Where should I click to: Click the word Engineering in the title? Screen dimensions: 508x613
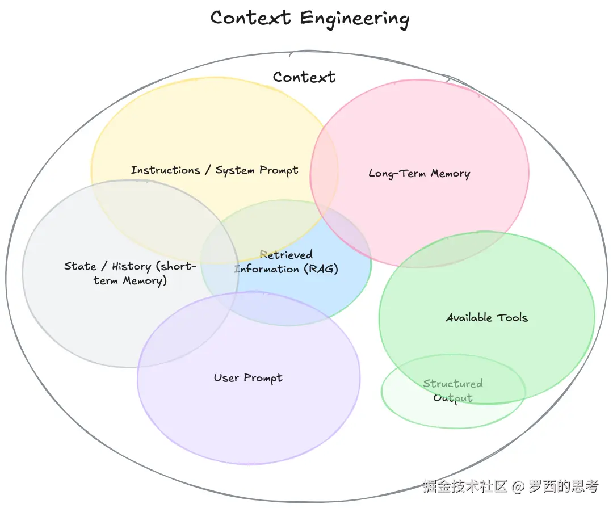click(x=355, y=18)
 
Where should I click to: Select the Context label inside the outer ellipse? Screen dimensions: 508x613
click(x=304, y=77)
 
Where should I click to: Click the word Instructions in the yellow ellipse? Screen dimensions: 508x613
click(x=165, y=170)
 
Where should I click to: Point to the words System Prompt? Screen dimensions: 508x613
click(x=257, y=170)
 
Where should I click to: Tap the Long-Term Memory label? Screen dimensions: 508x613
click(x=419, y=174)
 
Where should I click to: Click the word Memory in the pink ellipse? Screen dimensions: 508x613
click(x=450, y=174)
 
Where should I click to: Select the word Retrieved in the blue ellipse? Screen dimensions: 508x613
click(x=286, y=255)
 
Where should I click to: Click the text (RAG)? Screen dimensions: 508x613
click(x=321, y=269)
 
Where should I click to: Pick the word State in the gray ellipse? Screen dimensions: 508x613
click(x=80, y=266)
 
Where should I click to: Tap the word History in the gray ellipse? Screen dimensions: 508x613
click(x=131, y=266)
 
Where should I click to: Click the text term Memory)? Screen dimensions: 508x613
click(x=131, y=280)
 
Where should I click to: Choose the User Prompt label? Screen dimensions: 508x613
click(x=248, y=378)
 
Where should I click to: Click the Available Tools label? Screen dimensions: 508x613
click(x=486, y=318)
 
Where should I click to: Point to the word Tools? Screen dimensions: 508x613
click(x=513, y=318)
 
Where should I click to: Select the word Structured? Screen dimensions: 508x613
click(x=453, y=384)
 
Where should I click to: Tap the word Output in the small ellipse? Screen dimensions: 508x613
click(x=453, y=398)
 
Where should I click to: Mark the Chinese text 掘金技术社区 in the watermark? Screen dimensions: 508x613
click(x=465, y=487)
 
